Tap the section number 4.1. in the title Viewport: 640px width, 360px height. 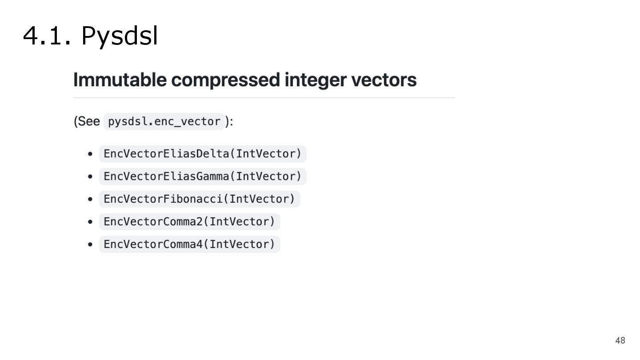click(x=47, y=36)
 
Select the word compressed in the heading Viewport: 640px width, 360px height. click(x=226, y=80)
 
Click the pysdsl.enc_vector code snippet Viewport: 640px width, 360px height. click(x=164, y=121)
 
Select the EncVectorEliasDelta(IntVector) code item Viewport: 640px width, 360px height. click(x=203, y=154)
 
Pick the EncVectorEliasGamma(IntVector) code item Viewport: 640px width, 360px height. click(x=203, y=176)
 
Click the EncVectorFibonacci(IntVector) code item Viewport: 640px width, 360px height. click(x=199, y=199)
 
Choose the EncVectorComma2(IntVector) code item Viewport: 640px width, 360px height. click(x=189, y=221)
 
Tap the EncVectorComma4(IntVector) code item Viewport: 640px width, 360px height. click(x=189, y=244)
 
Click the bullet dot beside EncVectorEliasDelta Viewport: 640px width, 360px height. click(x=90, y=154)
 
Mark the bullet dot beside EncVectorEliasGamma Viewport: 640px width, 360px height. click(x=90, y=176)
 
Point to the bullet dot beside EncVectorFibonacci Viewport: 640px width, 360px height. click(x=90, y=199)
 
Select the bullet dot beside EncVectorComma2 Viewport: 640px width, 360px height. click(x=90, y=221)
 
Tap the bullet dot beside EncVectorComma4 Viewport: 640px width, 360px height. click(x=90, y=244)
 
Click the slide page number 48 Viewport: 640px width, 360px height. click(x=620, y=340)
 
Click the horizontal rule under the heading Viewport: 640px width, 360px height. click(x=264, y=98)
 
